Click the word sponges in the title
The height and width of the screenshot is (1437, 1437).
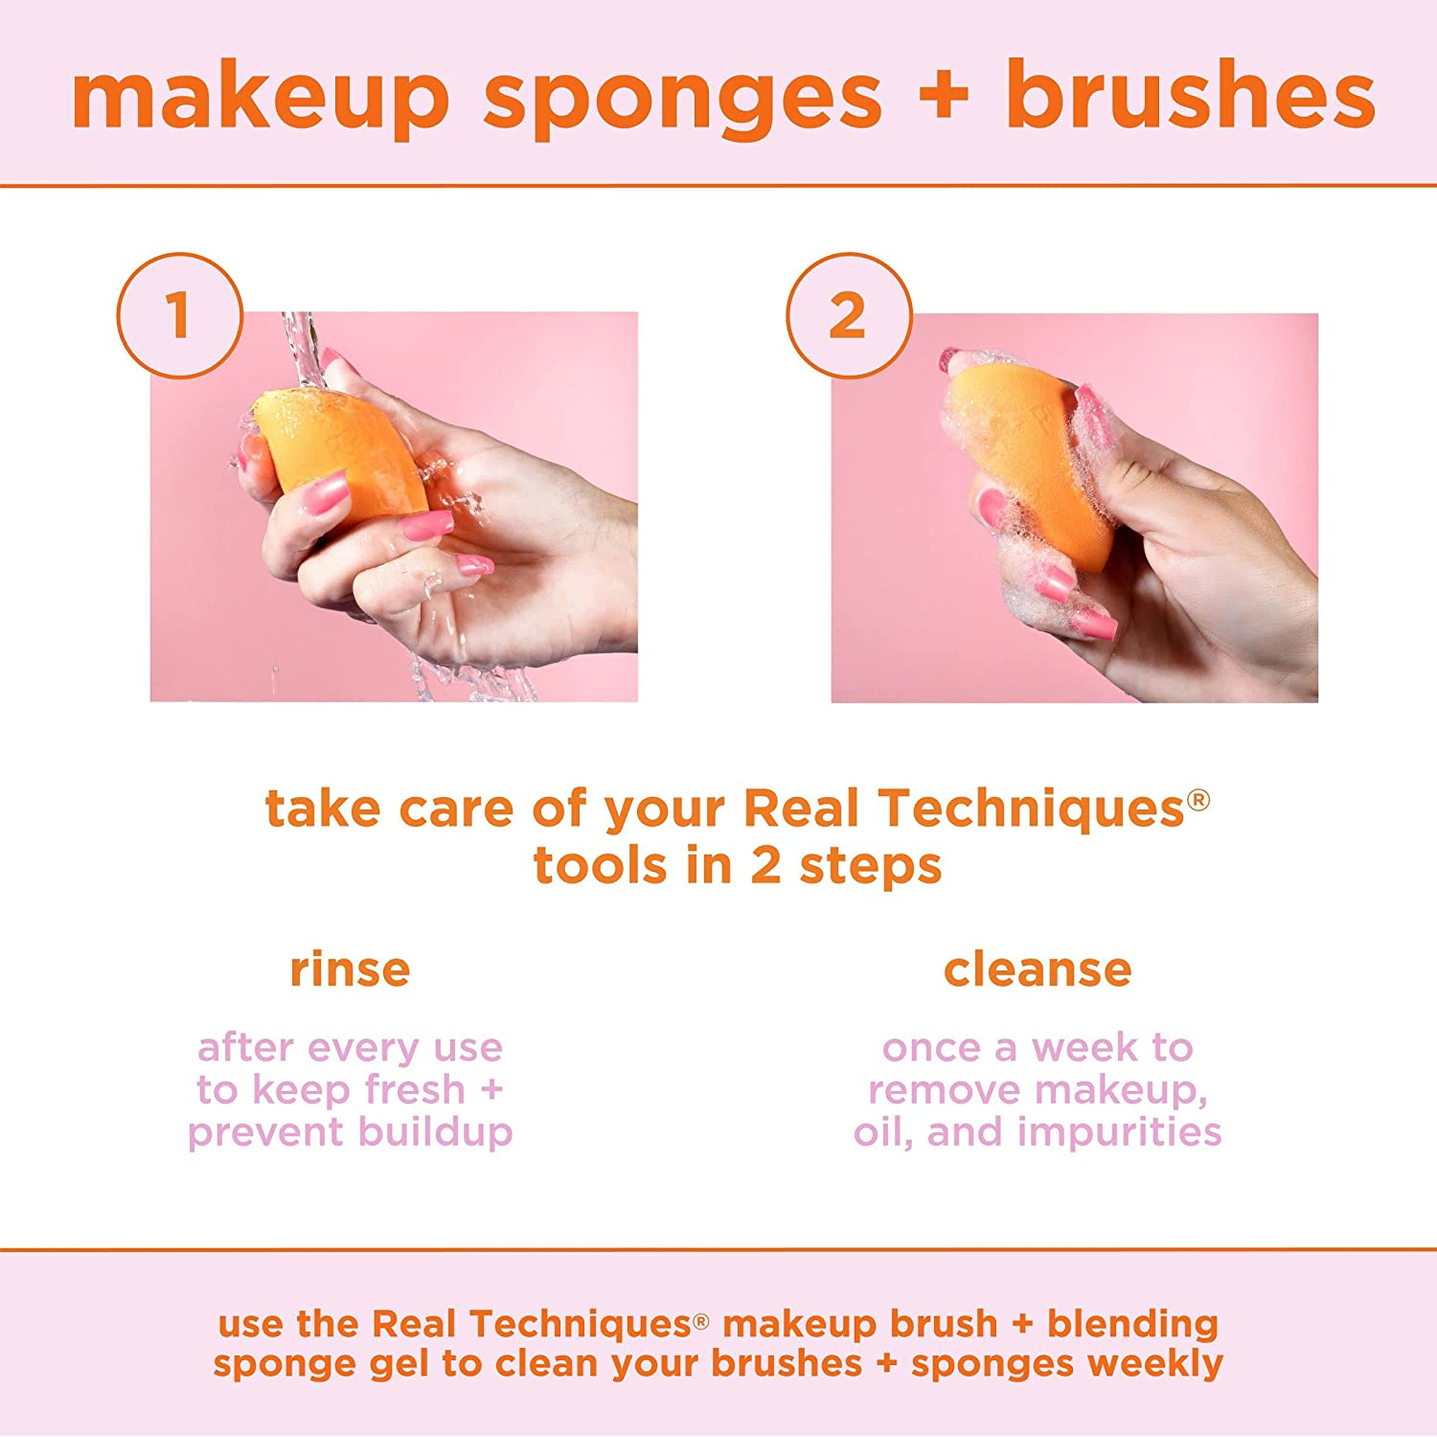(682, 96)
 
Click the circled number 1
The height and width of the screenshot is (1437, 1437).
(179, 315)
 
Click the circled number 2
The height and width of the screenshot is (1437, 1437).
(848, 315)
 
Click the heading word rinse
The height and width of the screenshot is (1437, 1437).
(350, 969)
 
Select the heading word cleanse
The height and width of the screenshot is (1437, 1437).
(1038, 969)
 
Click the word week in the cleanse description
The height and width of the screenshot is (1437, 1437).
(1085, 1048)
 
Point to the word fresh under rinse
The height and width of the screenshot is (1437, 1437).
(414, 1090)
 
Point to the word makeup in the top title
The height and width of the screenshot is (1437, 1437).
(261, 96)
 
